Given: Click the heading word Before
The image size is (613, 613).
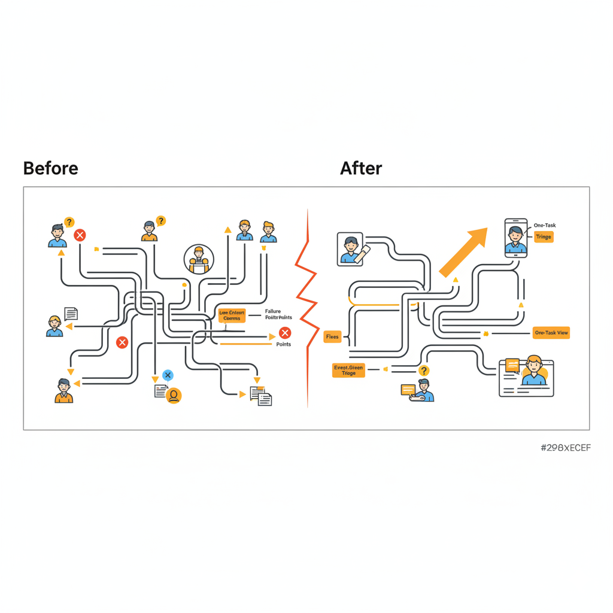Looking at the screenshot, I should [50, 168].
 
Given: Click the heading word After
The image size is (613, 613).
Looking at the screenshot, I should [361, 168].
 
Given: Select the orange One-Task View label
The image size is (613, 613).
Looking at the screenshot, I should [551, 333].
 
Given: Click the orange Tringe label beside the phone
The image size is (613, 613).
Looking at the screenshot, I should [544, 237].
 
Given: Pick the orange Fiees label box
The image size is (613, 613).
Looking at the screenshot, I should [332, 337].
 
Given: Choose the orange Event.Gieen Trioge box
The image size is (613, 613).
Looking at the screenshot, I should [348, 370].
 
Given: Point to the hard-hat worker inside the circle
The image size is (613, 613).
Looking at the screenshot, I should [198, 259].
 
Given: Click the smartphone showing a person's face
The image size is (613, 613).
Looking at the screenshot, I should [516, 238].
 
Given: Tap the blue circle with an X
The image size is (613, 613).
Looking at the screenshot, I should [168, 375].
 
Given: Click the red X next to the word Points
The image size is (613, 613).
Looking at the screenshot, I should [285, 333].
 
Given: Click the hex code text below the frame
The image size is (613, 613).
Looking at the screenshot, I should [565, 448].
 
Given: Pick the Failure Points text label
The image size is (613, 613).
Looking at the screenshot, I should [278, 314].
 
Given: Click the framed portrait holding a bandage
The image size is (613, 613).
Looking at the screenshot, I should [350, 248].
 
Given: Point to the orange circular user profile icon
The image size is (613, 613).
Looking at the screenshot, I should [174, 395].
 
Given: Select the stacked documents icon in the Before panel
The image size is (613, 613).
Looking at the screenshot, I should [261, 396].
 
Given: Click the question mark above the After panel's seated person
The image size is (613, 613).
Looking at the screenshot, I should [424, 371].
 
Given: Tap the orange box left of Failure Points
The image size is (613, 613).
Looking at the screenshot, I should [232, 315].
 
